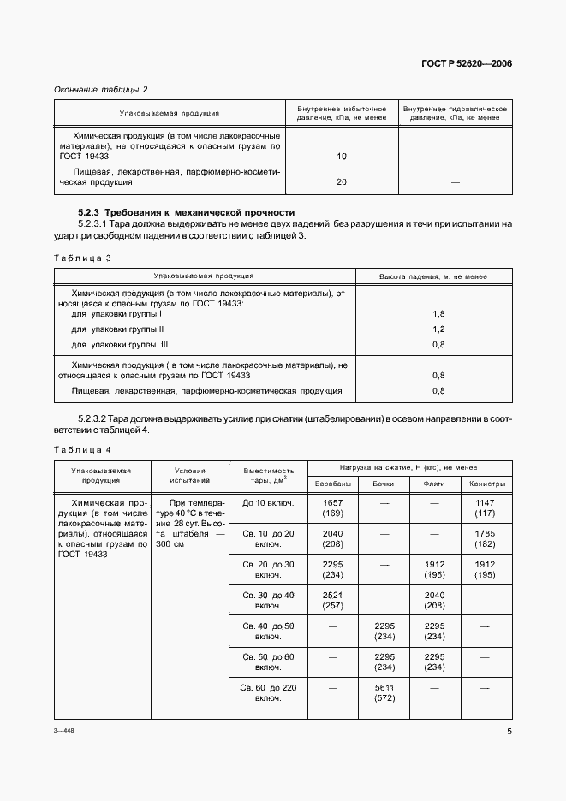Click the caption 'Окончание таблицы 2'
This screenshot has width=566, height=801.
pos(101,90)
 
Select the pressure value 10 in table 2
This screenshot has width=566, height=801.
pos(342,157)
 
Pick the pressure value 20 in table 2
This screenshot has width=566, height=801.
pos(342,182)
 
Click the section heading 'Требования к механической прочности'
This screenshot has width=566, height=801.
pos(186,211)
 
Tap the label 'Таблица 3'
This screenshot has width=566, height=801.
pos(83,258)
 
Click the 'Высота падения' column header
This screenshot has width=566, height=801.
pos(432,276)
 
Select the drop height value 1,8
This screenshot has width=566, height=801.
pos(438,314)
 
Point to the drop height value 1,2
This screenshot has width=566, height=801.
pos(438,329)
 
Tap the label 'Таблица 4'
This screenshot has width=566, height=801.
pos(83,450)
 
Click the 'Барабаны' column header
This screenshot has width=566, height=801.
pos(333,484)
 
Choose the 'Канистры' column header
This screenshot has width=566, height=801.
pos(487,484)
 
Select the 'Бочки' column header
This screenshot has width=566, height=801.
pos(384,484)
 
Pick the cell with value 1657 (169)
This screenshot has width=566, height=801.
pos(333,507)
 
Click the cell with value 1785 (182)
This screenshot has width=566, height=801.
pos(487,538)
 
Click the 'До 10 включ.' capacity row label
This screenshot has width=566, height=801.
pos(268,502)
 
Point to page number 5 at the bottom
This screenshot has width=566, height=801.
pos(509,732)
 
